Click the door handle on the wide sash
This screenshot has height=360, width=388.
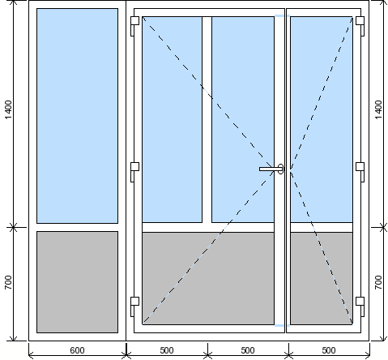click(271, 169)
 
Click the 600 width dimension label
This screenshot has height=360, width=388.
click(77, 350)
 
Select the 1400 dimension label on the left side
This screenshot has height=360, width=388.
click(8, 109)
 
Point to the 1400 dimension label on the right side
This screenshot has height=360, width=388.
click(378, 109)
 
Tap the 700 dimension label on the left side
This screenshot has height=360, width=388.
click(8, 282)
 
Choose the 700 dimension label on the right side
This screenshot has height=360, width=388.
click(378, 282)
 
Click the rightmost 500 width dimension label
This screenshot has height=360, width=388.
click(329, 350)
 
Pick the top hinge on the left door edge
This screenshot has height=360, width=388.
click(134, 26)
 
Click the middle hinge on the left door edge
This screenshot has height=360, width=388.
click(134, 172)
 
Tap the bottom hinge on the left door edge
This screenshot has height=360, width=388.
click(134, 306)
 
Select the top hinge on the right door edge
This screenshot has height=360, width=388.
click(360, 26)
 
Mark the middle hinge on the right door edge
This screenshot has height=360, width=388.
click(360, 172)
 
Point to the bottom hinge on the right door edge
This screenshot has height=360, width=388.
click(360, 306)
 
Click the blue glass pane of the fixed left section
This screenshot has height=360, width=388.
click(77, 116)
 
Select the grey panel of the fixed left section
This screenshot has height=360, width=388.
click(77, 282)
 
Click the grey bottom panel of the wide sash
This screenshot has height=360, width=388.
click(208, 278)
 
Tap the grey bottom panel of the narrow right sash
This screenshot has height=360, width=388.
click(322, 278)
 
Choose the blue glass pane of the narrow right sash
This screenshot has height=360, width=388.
click(322, 120)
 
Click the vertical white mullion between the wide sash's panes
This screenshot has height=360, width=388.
click(207, 120)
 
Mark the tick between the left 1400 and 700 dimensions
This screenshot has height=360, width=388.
click(13, 227)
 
